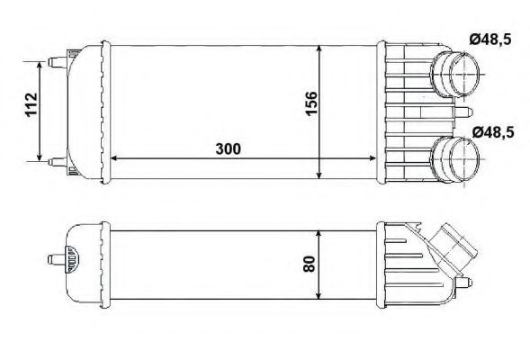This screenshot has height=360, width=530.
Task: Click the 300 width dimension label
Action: [x=229, y=148]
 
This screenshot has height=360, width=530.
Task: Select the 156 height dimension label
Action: [x=311, y=103]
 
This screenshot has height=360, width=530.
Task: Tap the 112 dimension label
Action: [x=31, y=104]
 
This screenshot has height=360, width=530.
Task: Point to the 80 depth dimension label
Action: [x=310, y=264]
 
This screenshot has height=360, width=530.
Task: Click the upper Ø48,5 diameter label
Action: [x=490, y=40]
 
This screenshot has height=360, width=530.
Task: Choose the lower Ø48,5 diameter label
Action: [x=493, y=132]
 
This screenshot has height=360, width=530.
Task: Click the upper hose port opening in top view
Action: [x=464, y=75]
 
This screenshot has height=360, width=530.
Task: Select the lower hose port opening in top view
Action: [x=465, y=159]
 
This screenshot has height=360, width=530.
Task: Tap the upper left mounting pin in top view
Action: [x=58, y=62]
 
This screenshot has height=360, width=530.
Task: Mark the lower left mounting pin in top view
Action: [x=58, y=162]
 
